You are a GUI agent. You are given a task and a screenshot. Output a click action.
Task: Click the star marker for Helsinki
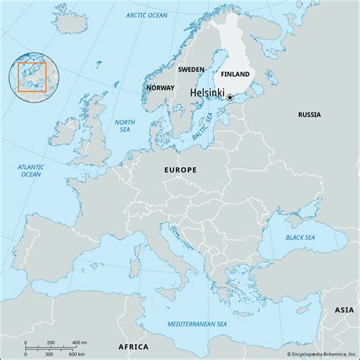229,97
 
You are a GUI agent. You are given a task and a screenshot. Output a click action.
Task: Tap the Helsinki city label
206,94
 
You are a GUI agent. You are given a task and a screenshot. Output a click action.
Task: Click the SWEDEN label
191,69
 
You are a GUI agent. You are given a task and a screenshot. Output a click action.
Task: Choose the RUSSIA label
309,115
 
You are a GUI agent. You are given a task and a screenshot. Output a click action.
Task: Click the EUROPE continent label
181,170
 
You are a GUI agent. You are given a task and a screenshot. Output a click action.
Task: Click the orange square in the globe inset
33,77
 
